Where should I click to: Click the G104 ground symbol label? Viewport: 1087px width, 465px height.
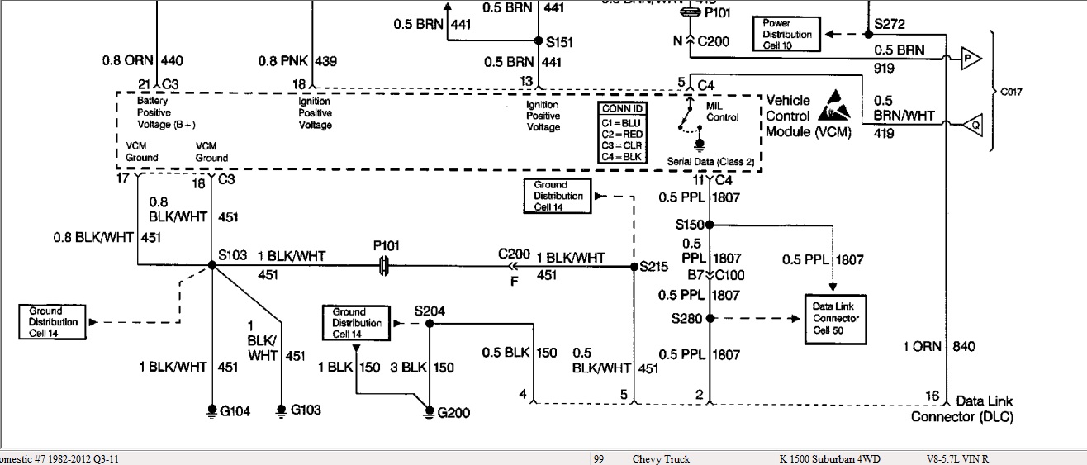coord(235,410)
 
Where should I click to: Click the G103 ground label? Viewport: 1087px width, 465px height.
coord(306,410)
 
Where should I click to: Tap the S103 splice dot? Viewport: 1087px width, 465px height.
coord(212,264)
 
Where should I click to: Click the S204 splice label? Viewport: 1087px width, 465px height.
coord(430,311)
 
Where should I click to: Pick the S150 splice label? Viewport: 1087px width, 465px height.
coord(689,224)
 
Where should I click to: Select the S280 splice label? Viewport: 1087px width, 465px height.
coord(689,317)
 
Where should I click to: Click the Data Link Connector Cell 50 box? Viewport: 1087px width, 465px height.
coord(836,318)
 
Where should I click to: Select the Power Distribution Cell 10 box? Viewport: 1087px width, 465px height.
coord(786,34)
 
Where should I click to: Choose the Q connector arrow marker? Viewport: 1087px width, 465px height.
coord(968,126)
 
